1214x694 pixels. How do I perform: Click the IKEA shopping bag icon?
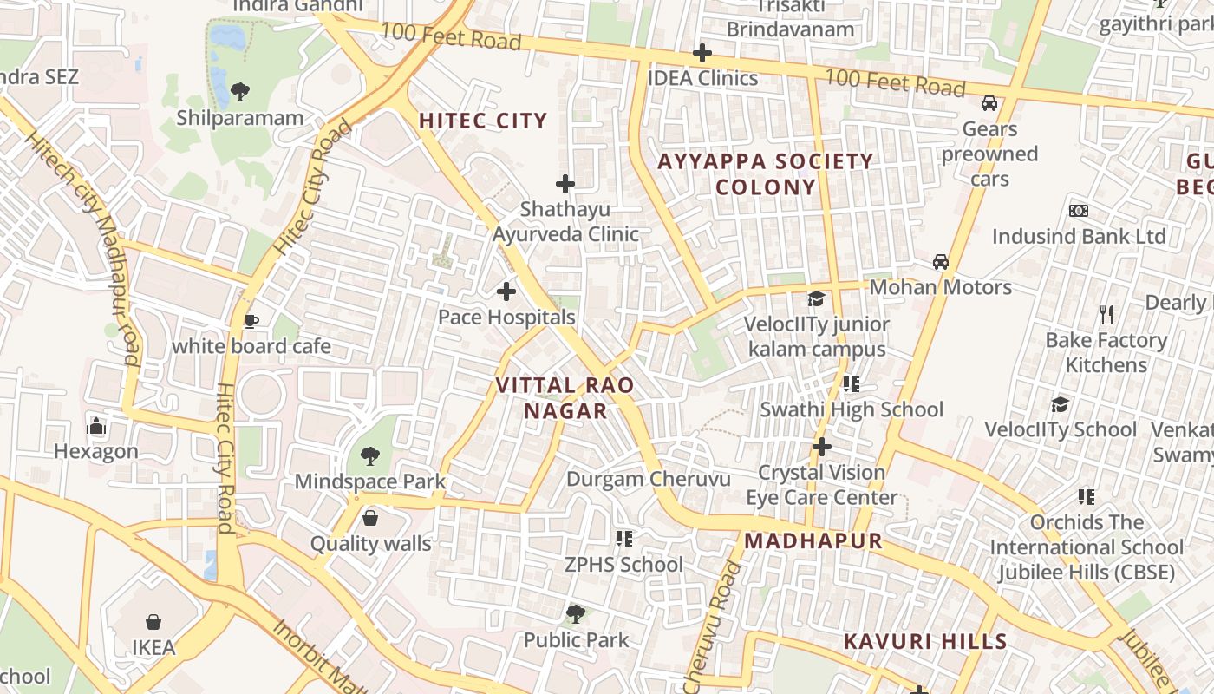[x=153, y=622]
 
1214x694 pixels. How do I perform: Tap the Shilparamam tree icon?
[x=240, y=91]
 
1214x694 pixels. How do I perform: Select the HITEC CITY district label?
[x=483, y=121]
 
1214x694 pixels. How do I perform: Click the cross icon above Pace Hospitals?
[x=506, y=291]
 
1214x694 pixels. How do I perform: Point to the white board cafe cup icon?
[x=251, y=322]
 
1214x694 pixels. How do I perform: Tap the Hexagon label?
[x=96, y=451]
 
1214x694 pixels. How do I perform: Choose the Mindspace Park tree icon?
[x=370, y=455]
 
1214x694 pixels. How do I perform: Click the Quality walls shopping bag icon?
[x=370, y=518]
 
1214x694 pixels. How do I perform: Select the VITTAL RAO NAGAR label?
[x=565, y=397]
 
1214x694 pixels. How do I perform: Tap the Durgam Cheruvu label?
[x=649, y=479]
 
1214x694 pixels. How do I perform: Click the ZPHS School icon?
[x=623, y=539]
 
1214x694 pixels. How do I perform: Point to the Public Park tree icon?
[x=575, y=614]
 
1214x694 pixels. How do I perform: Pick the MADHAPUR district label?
[x=813, y=540]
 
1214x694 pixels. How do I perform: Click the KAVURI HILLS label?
[x=925, y=642]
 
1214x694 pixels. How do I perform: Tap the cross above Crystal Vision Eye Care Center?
[x=821, y=448]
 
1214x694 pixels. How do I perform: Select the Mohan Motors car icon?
[x=941, y=261]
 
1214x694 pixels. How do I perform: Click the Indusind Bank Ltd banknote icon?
[x=1079, y=211]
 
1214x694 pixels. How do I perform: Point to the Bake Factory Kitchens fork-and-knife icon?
[x=1106, y=314]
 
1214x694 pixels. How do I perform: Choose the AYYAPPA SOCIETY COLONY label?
[x=766, y=173]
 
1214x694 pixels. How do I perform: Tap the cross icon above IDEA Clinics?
[x=702, y=53]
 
